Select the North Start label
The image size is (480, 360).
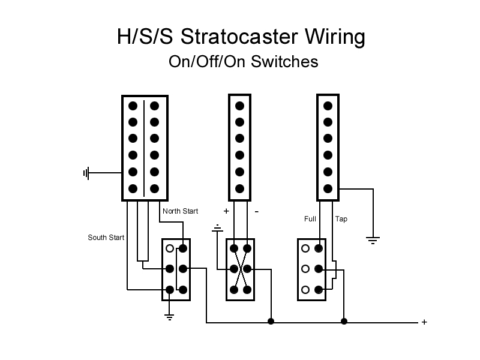click(180, 211)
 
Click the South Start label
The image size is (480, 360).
click(106, 238)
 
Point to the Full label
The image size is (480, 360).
click(310, 219)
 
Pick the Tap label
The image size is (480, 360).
click(341, 219)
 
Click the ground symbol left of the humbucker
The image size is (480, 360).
click(86, 173)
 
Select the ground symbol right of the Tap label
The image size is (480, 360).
click(373, 241)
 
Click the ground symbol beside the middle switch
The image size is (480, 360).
click(217, 228)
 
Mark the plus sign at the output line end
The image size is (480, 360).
click(424, 322)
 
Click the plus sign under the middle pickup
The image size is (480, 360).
click(226, 211)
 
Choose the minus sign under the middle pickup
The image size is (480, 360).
click(256, 211)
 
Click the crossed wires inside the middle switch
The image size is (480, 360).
click(239, 269)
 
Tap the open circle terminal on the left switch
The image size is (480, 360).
click(170, 248)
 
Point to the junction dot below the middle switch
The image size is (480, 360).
click(271, 322)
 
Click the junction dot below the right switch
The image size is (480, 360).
click(344, 322)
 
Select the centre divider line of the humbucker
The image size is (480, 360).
click(144, 148)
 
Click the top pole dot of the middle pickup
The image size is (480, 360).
click(239, 106)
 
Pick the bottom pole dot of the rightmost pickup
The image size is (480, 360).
click(328, 188)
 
